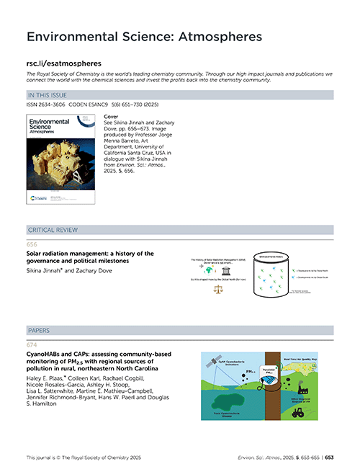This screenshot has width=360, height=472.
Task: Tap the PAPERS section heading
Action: click(x=40, y=331)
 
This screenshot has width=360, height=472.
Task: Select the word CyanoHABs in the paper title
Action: click(x=47, y=354)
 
